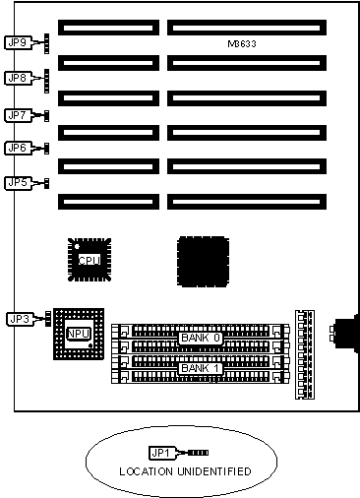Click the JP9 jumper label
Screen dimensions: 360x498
pos(19,42)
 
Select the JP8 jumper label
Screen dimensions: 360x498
pos(19,78)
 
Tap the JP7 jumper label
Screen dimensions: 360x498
pos(19,115)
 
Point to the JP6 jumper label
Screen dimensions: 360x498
pos(19,148)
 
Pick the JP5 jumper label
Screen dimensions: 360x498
pos(19,183)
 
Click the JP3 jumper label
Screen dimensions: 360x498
pos(21,319)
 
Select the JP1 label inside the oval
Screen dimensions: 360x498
pos(161,453)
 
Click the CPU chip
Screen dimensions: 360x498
pos(90,260)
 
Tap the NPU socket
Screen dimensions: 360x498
pos(79,334)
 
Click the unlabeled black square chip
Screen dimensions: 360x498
pos(203,262)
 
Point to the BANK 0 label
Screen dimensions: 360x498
pos(201,338)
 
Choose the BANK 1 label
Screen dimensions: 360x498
pos(201,368)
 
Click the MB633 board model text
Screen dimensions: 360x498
pos(242,44)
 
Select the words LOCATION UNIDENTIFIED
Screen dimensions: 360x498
pos(185,471)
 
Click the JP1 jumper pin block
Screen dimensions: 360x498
pos(199,453)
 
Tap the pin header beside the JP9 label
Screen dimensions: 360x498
pos(47,43)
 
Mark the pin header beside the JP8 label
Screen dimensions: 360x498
pos(47,81)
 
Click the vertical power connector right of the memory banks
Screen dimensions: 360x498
pos(305,354)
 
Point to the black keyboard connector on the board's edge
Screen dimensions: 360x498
pos(344,334)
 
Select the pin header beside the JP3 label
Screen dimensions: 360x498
pos(48,319)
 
